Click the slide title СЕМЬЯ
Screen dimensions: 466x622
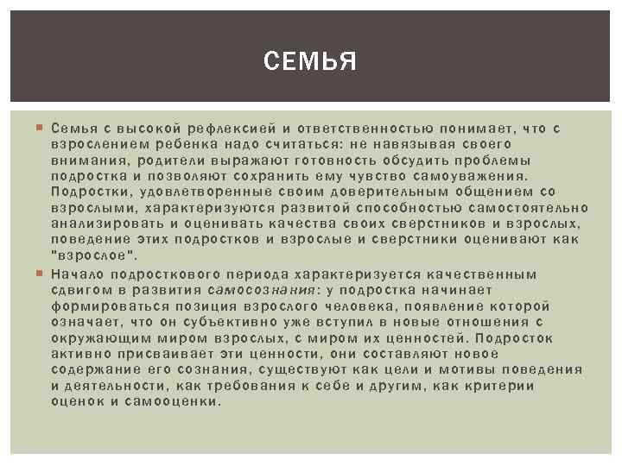tap(310, 62)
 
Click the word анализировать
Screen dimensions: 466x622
tap(103, 224)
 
